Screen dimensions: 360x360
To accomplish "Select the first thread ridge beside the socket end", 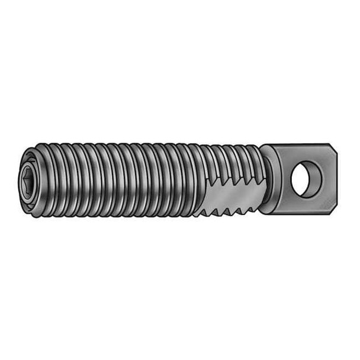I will coord(46,178).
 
